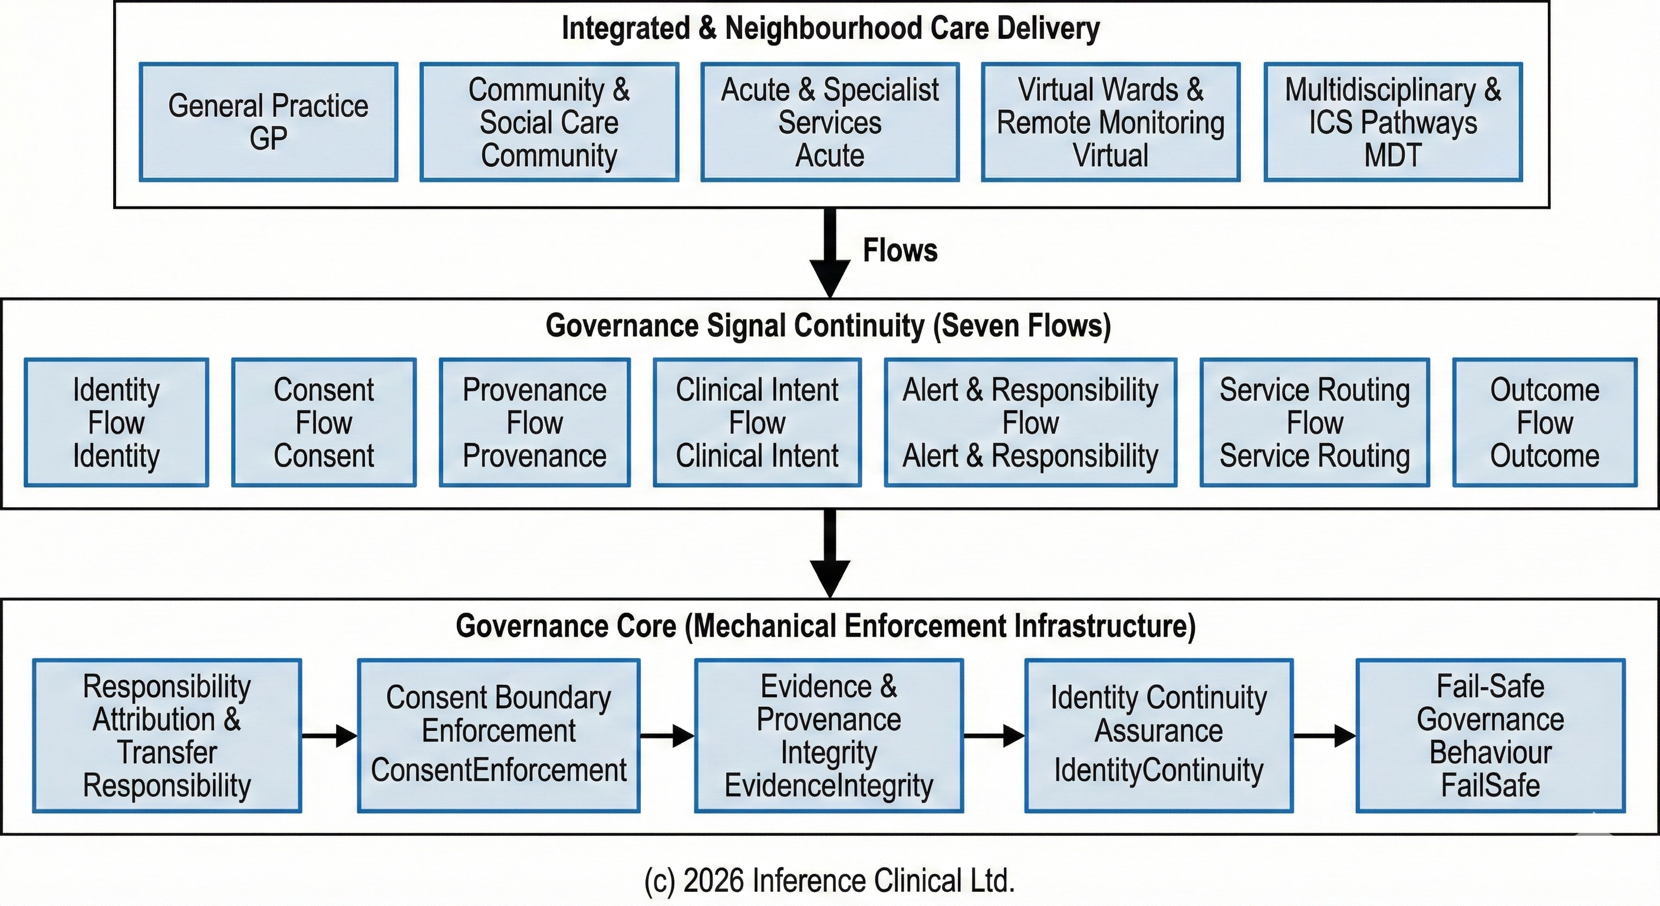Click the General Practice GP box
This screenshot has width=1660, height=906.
(x=268, y=122)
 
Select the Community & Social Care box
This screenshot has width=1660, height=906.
(x=549, y=122)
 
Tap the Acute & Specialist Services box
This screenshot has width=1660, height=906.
(x=830, y=122)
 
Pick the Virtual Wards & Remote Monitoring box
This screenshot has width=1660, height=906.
(x=1111, y=122)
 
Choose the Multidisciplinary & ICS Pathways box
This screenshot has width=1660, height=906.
(x=1393, y=122)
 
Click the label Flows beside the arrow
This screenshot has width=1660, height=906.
(x=900, y=250)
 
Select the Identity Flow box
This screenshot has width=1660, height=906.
(x=117, y=422)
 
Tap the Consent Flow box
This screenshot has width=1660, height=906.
(x=324, y=422)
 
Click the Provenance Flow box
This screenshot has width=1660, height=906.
(x=534, y=422)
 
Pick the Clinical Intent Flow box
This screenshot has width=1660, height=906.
(x=757, y=422)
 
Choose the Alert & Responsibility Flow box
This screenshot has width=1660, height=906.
(x=1030, y=422)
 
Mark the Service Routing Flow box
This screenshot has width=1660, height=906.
(x=1315, y=422)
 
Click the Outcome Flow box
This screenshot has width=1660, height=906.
(x=1544, y=422)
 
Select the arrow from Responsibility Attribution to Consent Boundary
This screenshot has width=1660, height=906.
(x=330, y=735)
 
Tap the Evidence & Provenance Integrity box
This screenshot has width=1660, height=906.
(x=829, y=735)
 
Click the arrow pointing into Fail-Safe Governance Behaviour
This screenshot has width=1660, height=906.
(x=1324, y=735)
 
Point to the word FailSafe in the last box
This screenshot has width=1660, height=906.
(x=1490, y=786)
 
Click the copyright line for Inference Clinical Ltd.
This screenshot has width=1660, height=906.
(x=829, y=881)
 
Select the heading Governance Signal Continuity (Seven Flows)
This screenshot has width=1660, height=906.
(x=828, y=326)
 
